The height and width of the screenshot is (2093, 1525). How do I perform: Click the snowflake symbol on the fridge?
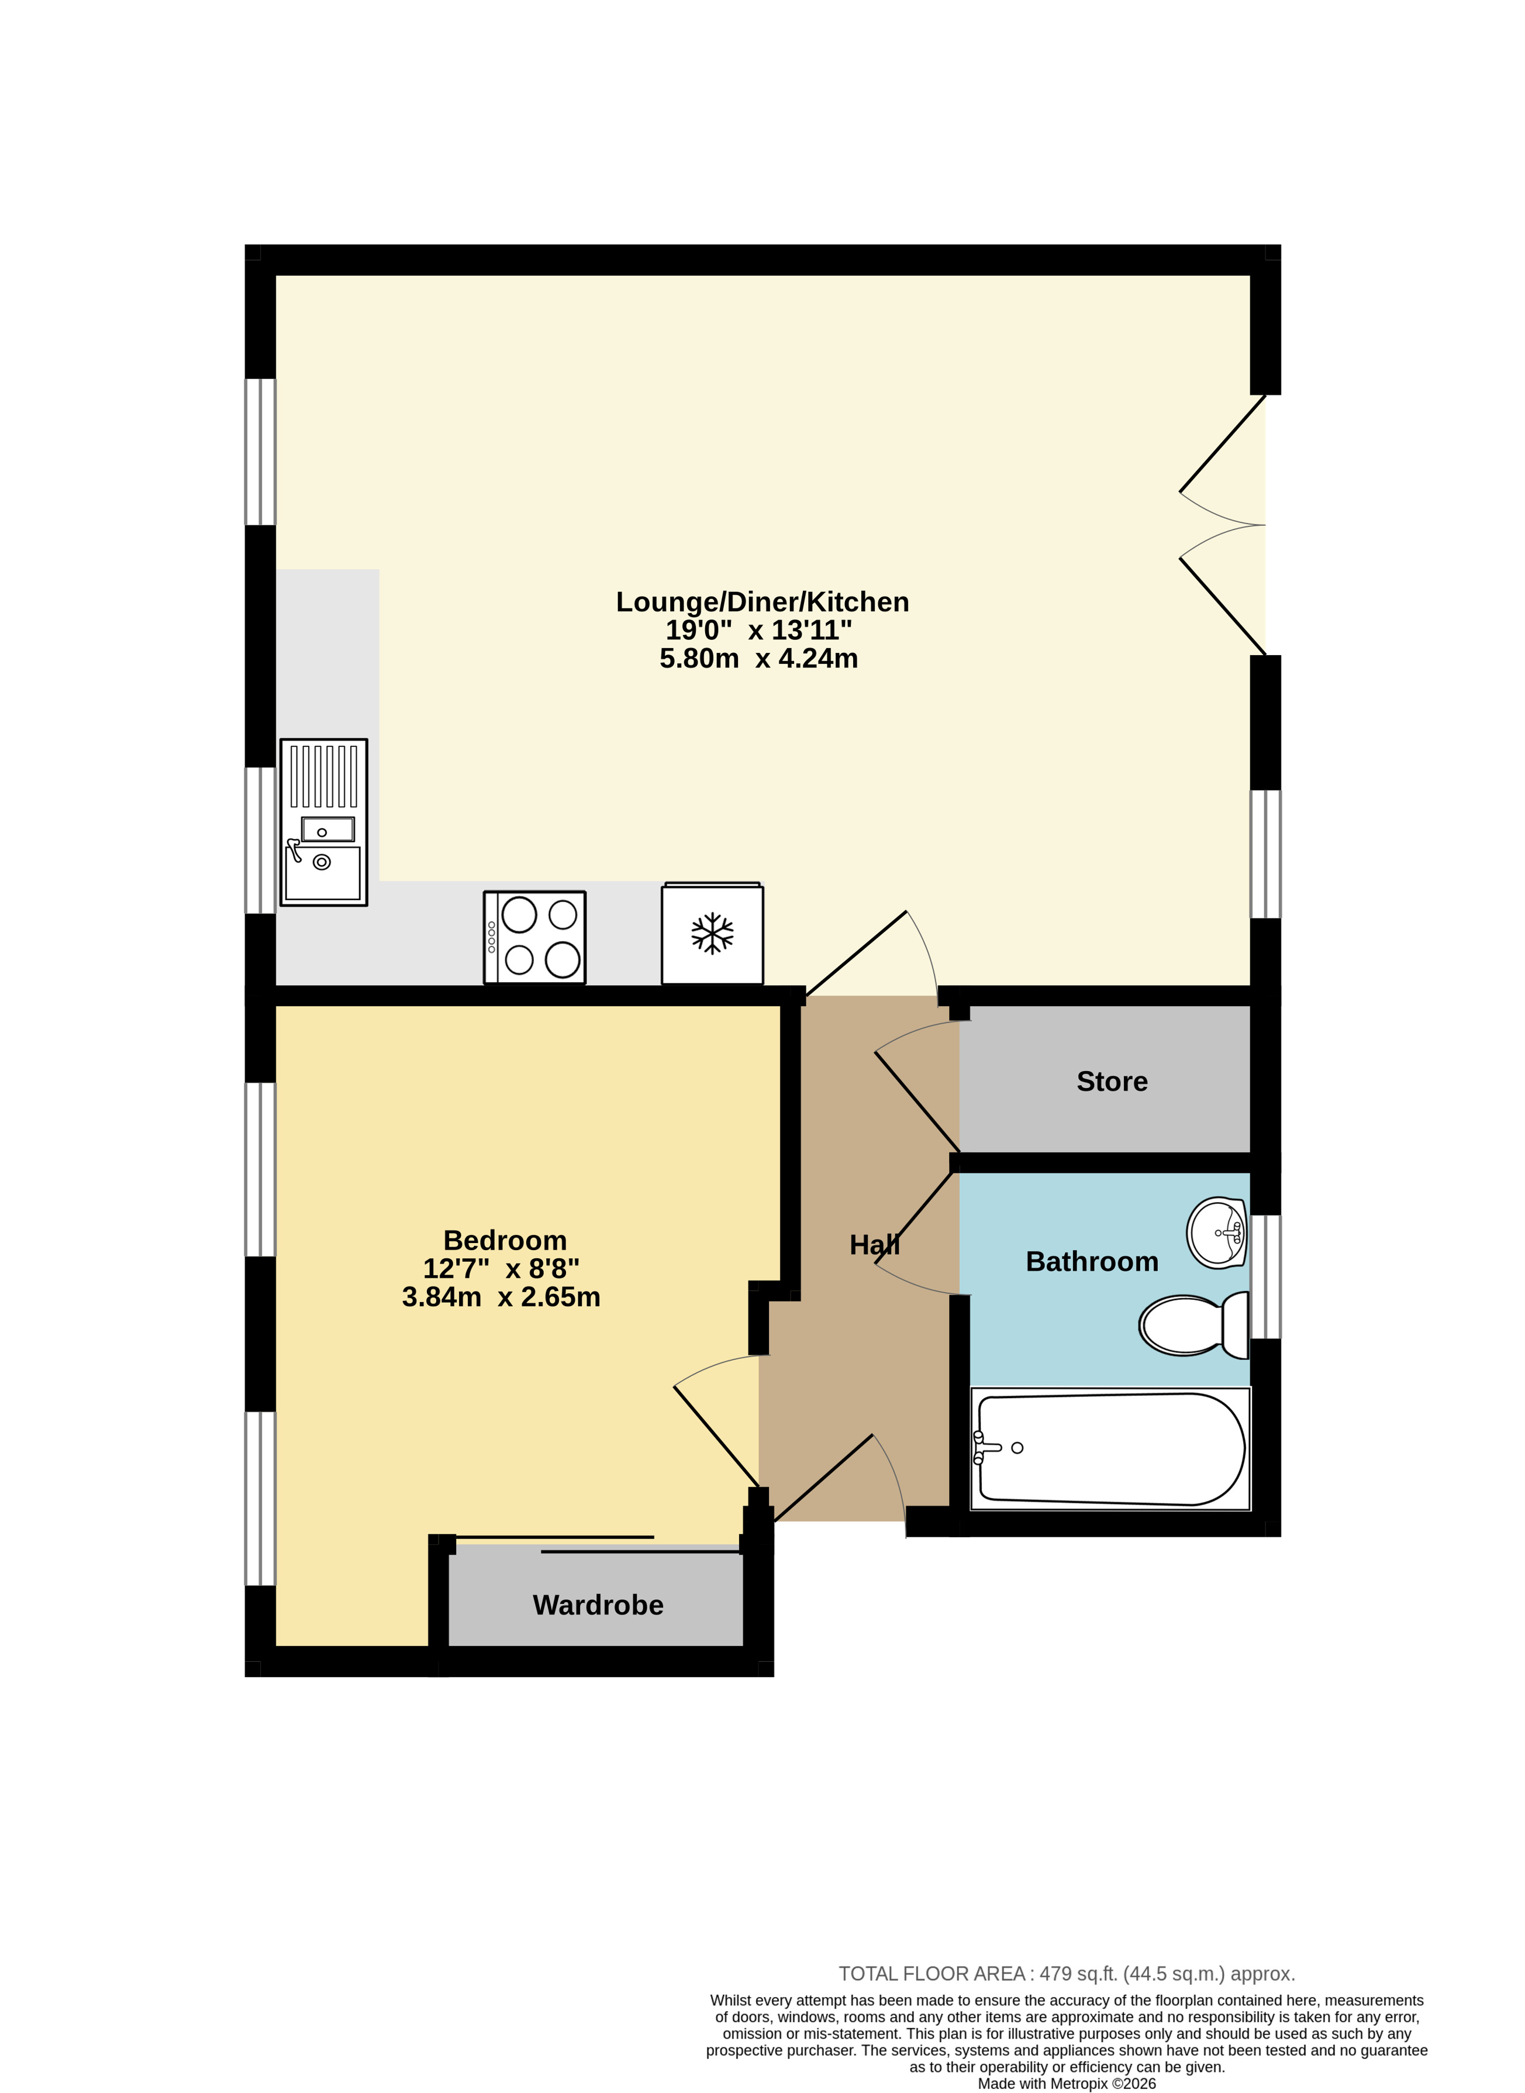point(713,934)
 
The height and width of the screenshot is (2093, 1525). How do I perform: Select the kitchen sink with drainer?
point(324,822)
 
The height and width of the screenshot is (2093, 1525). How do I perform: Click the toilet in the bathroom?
point(1193,1325)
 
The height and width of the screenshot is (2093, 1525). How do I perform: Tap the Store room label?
point(1112,1081)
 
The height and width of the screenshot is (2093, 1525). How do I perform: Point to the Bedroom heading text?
point(505,1240)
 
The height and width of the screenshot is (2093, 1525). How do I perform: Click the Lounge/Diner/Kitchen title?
point(762,602)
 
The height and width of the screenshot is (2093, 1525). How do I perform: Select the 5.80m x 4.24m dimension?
point(759,658)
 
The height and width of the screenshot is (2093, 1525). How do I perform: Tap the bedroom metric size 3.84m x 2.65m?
point(501,1297)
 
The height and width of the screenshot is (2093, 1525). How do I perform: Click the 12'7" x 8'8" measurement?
point(501,1269)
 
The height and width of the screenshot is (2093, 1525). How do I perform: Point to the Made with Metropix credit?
point(1067,2084)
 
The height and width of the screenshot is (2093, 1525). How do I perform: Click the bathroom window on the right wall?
point(1265,1277)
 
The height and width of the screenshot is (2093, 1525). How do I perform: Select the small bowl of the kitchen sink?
point(327,829)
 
